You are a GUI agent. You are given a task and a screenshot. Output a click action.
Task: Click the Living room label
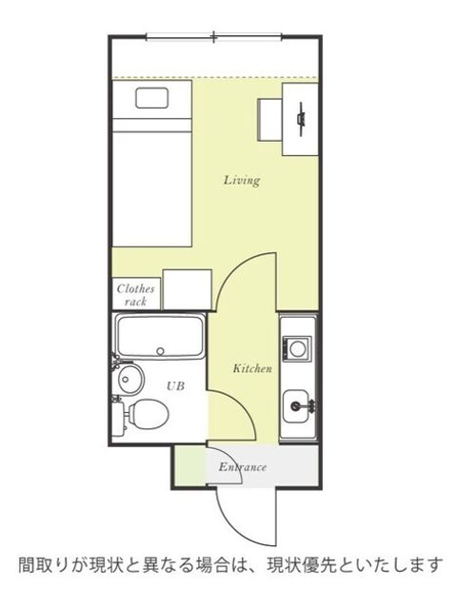(242, 181)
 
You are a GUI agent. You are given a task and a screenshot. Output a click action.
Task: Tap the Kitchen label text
(252, 368)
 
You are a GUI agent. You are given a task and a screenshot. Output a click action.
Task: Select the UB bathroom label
(175, 386)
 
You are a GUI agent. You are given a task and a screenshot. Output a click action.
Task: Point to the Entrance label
(243, 466)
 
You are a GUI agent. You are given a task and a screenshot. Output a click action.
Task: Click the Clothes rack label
(135, 295)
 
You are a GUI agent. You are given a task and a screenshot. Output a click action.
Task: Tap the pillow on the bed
(152, 98)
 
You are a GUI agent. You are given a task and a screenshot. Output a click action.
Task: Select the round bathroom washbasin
(129, 379)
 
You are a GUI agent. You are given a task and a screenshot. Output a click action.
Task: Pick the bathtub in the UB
(160, 337)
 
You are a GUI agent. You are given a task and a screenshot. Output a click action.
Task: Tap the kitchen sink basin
(297, 406)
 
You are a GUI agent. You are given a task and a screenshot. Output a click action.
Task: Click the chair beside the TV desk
(270, 120)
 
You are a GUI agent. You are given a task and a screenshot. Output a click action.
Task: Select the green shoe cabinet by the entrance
(190, 465)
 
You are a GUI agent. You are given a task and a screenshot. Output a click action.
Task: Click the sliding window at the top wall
(213, 37)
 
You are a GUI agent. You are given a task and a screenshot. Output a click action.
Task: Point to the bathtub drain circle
(161, 351)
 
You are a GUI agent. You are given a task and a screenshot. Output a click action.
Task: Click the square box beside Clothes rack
(188, 289)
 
